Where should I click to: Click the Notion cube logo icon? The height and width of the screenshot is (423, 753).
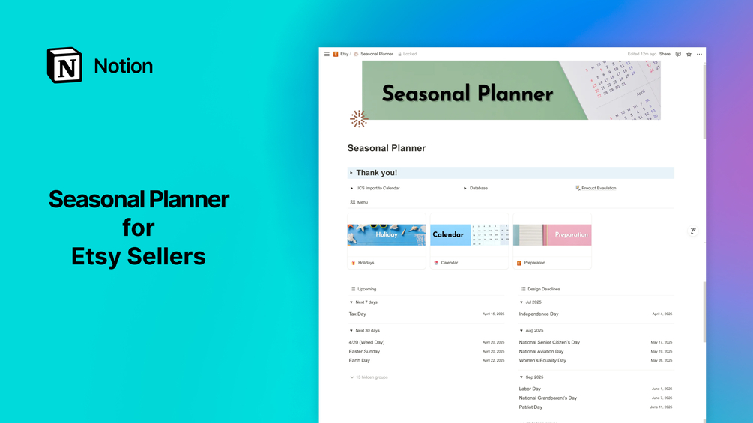pyautogui.click(x=64, y=66)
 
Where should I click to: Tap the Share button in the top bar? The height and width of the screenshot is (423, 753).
pyautogui.click(x=665, y=54)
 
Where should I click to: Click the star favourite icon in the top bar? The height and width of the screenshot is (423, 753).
pyautogui.click(x=689, y=54)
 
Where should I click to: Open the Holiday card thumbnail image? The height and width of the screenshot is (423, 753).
pyautogui.click(x=387, y=234)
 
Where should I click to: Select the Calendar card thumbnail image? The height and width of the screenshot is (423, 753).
pyautogui.click(x=469, y=234)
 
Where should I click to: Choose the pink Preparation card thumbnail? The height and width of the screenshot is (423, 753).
pyautogui.click(x=552, y=234)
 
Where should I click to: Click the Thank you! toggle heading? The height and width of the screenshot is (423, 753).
pyautogui.click(x=376, y=173)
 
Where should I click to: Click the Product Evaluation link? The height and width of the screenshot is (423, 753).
pyautogui.click(x=598, y=188)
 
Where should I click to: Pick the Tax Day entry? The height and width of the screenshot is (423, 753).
pyautogui.click(x=357, y=314)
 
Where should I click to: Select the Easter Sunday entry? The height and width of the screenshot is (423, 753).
pyautogui.click(x=364, y=351)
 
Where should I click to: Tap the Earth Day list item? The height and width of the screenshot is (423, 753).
pyautogui.click(x=359, y=360)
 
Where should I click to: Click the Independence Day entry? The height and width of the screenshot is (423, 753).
pyautogui.click(x=539, y=314)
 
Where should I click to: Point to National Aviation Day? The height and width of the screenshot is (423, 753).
pyautogui.click(x=541, y=351)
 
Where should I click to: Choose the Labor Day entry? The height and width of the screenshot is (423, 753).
pyautogui.click(x=530, y=389)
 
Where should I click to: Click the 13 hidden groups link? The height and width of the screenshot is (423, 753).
pyautogui.click(x=371, y=377)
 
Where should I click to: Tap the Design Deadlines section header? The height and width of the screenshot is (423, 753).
pyautogui.click(x=543, y=289)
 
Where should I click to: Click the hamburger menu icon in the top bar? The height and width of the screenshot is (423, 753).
pyautogui.click(x=327, y=54)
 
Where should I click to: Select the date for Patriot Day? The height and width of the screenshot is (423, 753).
pyautogui.click(x=661, y=407)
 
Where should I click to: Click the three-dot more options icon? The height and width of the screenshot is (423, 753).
pyautogui.click(x=699, y=54)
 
